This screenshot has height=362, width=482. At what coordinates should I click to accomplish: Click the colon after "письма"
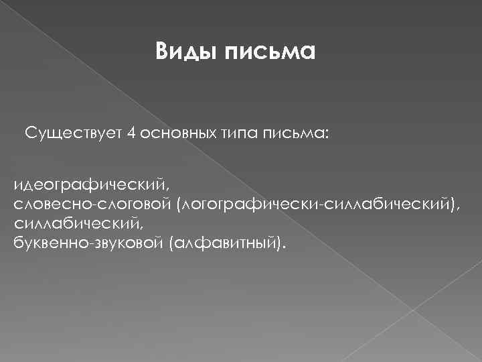[x=327, y=134]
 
